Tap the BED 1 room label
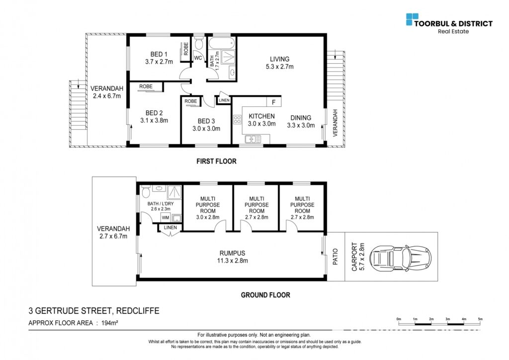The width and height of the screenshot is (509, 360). pos(159,54)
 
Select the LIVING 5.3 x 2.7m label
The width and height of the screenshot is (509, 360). pos(279,63)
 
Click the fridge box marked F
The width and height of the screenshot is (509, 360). pos(274,102)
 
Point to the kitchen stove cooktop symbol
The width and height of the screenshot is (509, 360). pos(237,119)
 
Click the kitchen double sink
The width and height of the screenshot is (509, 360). pos(253,139)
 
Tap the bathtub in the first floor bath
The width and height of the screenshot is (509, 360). pos(221,43)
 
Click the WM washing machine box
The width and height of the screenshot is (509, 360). pos(166,217)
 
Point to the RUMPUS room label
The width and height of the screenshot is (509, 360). pos(233,253)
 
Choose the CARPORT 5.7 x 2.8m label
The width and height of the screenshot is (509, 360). pos(358,257)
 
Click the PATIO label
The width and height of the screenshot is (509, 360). pos(336,257)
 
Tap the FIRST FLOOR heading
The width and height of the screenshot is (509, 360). pos(217,161)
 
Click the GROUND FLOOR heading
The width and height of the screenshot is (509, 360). pos(265,295)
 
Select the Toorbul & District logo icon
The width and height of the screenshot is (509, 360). pos(412,19)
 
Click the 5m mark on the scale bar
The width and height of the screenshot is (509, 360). pos(480,319)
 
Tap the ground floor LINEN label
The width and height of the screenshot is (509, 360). pos(170,228)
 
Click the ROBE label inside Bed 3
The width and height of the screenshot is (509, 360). pos(191,101)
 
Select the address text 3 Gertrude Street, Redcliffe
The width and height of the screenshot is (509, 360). pos(94,311)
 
